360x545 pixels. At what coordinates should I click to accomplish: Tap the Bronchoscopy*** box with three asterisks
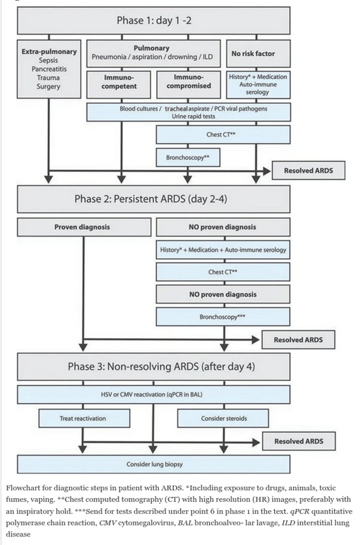[x=223, y=317]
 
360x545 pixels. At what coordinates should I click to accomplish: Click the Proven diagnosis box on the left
[x=84, y=227]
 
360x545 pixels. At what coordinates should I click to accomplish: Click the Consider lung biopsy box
[x=153, y=464]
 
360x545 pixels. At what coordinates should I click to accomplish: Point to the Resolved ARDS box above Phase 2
[x=308, y=171]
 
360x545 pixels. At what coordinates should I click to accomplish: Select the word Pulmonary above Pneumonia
[x=152, y=48]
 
